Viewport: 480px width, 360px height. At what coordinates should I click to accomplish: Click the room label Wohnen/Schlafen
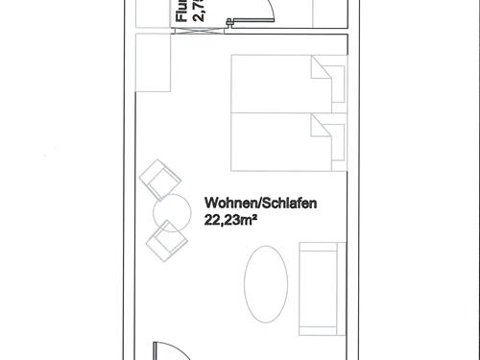(260, 204)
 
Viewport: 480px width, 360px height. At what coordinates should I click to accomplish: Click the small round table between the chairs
(171, 209)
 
